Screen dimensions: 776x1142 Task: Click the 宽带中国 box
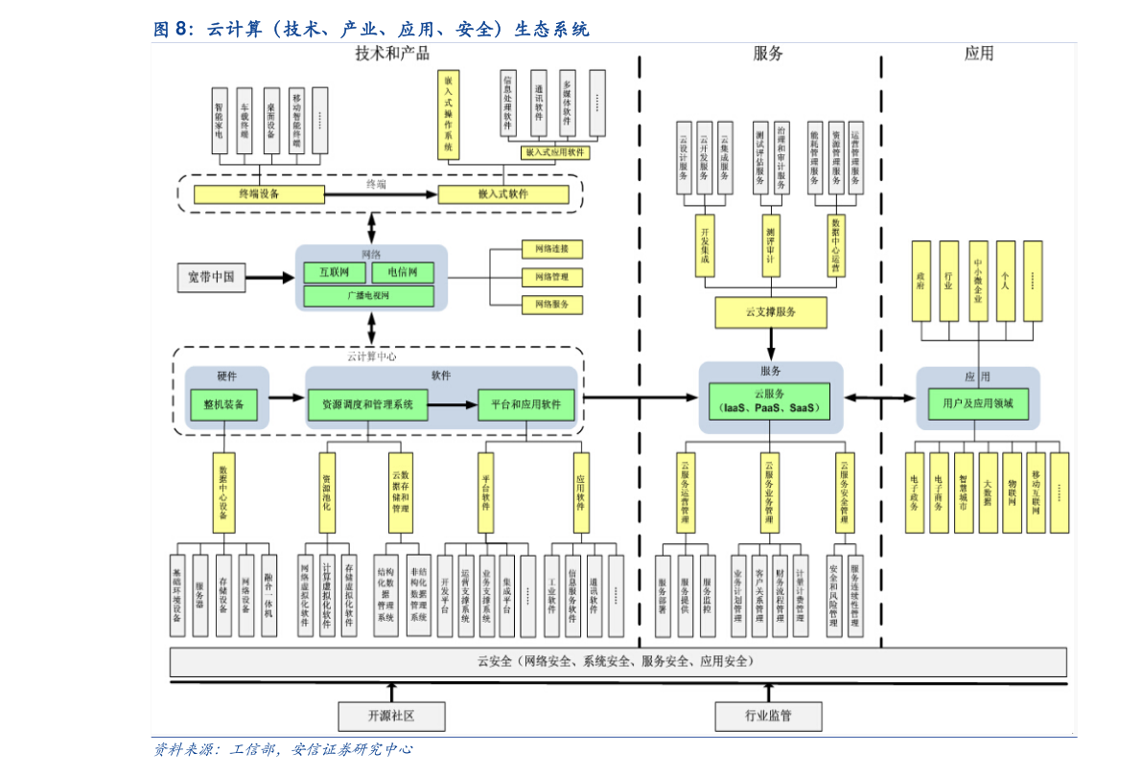pyautogui.click(x=211, y=278)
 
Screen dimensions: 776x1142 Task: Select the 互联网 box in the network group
pyautogui.click(x=328, y=273)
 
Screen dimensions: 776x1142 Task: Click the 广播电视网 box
pyautogui.click(x=368, y=296)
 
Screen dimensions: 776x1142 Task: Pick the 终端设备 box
pyautogui.click(x=259, y=194)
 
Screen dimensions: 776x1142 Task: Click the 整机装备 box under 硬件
pyautogui.click(x=223, y=405)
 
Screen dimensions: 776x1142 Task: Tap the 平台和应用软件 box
pyautogui.click(x=525, y=405)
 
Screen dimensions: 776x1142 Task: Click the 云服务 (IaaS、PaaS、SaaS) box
pyautogui.click(x=770, y=400)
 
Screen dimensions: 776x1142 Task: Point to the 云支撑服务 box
pyautogui.click(x=771, y=312)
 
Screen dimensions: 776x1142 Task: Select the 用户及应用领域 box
pyautogui.click(x=977, y=404)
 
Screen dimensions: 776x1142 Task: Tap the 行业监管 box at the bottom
pyautogui.click(x=768, y=715)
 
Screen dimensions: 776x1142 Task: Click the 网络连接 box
pyautogui.click(x=551, y=250)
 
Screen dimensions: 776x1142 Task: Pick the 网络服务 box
pyautogui.click(x=551, y=305)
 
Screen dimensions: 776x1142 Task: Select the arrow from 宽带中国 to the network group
pyautogui.click(x=269, y=278)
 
